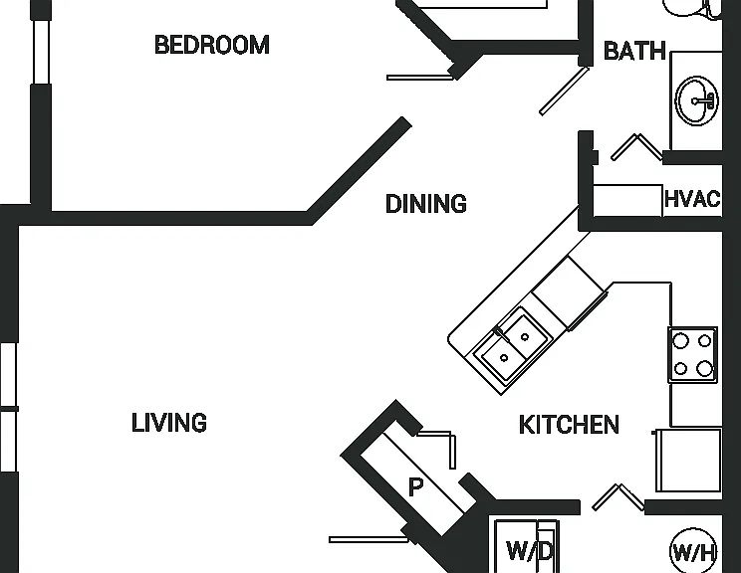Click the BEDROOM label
tap(212, 45)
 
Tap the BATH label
tap(634, 51)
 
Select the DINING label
tap(426, 203)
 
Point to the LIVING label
tap(169, 423)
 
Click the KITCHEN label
tap(569, 425)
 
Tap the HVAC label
tap(692, 199)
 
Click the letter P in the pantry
tap(415, 486)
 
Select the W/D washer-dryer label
tap(529, 550)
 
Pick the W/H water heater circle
tap(693, 551)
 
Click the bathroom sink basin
tap(696, 100)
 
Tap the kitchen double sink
tap(513, 345)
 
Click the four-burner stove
tap(692, 354)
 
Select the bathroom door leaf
tap(565, 91)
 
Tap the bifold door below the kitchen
tap(618, 496)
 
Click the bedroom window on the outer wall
tap(41, 52)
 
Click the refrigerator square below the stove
tap(688, 460)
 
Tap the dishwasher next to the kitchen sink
tap(570, 292)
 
